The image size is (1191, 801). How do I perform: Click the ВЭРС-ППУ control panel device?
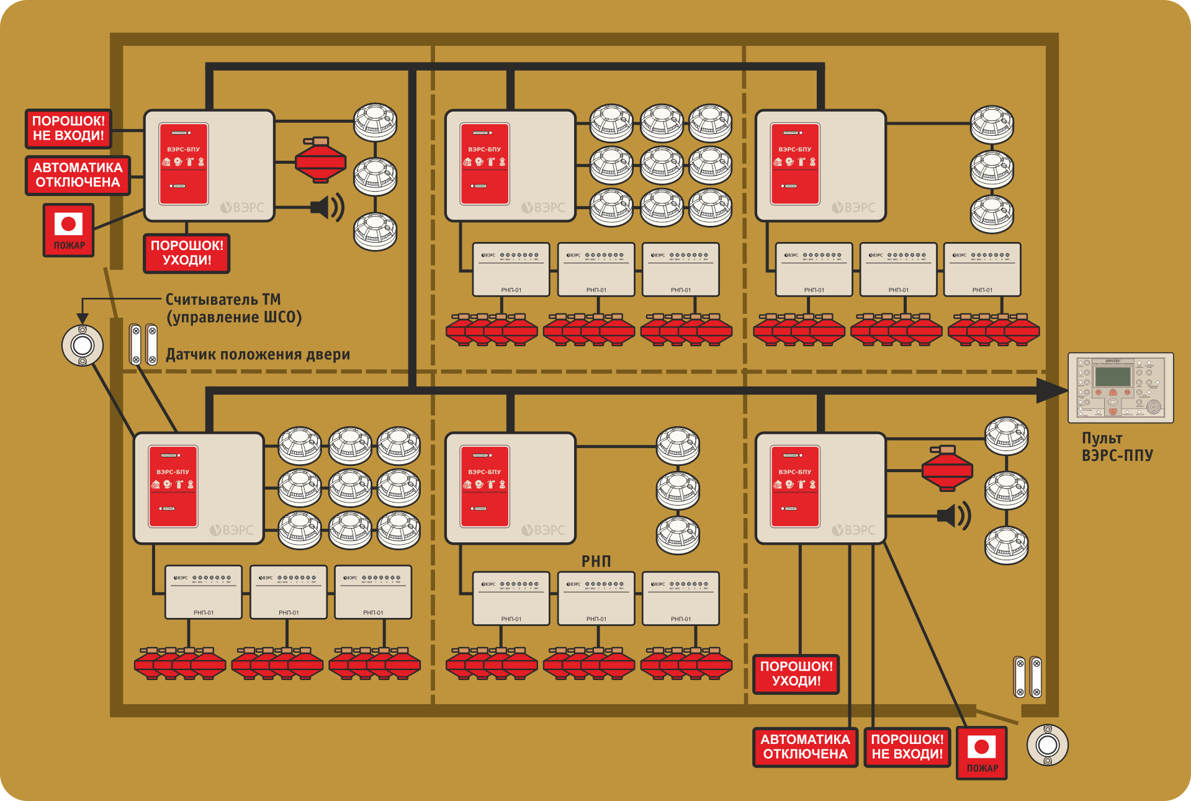[x=1120, y=388]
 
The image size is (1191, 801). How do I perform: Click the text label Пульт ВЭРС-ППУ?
[x=1117, y=447]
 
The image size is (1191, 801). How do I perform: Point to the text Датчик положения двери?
[x=258, y=355]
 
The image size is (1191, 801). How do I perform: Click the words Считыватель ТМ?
[x=223, y=300]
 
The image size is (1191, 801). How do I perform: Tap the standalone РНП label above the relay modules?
[x=596, y=562]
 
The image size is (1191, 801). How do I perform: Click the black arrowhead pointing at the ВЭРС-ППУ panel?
[x=1052, y=390]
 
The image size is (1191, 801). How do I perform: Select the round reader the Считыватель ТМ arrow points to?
[x=83, y=345]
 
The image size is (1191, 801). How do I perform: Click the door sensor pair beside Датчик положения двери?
[x=143, y=344]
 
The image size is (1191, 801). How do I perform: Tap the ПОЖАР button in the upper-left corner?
[x=69, y=230]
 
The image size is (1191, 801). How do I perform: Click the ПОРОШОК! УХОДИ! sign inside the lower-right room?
[x=796, y=674]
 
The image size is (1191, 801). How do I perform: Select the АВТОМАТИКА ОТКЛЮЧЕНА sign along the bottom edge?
[x=805, y=747]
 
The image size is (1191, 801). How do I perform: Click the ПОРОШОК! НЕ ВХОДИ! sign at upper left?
[x=68, y=128]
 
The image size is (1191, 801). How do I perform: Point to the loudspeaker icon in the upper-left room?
[x=327, y=207]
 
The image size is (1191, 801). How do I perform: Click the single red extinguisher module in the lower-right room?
[x=947, y=468]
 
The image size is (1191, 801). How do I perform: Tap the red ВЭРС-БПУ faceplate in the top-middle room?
[x=485, y=164]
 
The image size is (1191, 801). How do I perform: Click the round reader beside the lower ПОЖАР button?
[x=1048, y=745]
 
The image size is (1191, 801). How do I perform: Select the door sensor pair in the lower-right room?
[x=1028, y=677]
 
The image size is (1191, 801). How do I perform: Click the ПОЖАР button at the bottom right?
[x=982, y=753]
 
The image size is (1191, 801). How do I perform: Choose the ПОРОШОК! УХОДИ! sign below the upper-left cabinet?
[x=187, y=253]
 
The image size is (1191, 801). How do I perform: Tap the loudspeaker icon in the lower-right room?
[x=954, y=516]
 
